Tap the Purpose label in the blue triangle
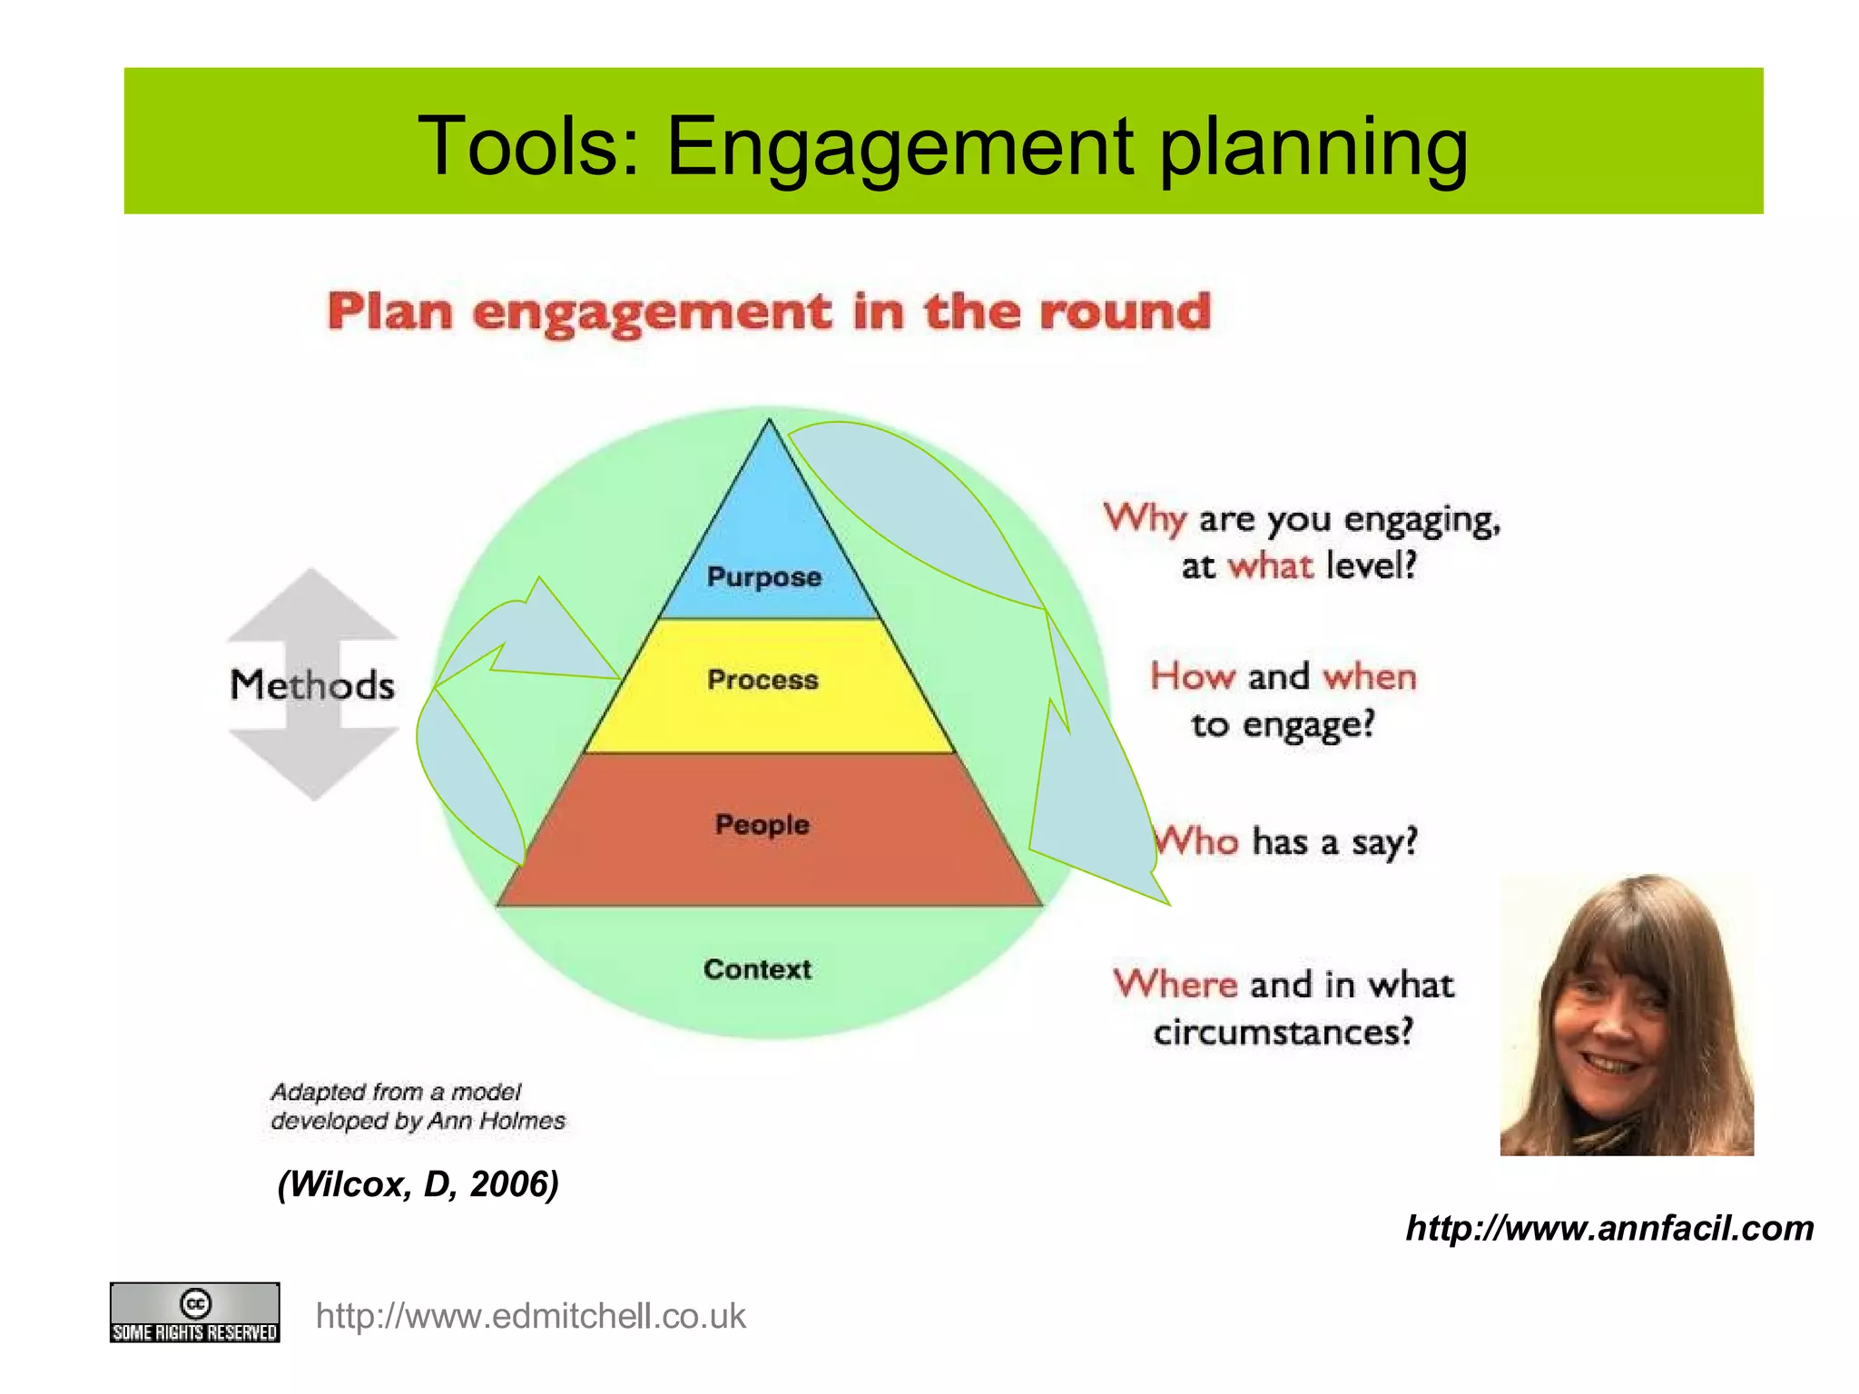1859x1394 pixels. coord(763,577)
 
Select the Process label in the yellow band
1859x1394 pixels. coord(762,680)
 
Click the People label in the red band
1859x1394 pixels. coord(762,824)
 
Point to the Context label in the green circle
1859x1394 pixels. coord(757,969)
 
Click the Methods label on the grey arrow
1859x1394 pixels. coord(312,685)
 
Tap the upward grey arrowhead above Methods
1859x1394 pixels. coord(312,604)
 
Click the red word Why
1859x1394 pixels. coord(1145,519)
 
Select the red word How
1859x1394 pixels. coord(1193,677)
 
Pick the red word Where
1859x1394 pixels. coord(1175,985)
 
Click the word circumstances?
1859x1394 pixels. coord(1283,1033)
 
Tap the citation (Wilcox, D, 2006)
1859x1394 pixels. coord(418,1184)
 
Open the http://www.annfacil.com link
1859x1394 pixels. coord(1608,1228)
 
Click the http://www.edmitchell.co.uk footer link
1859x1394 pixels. coord(530,1316)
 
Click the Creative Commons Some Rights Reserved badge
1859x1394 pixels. coord(194,1312)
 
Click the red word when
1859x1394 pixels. coord(1369,677)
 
